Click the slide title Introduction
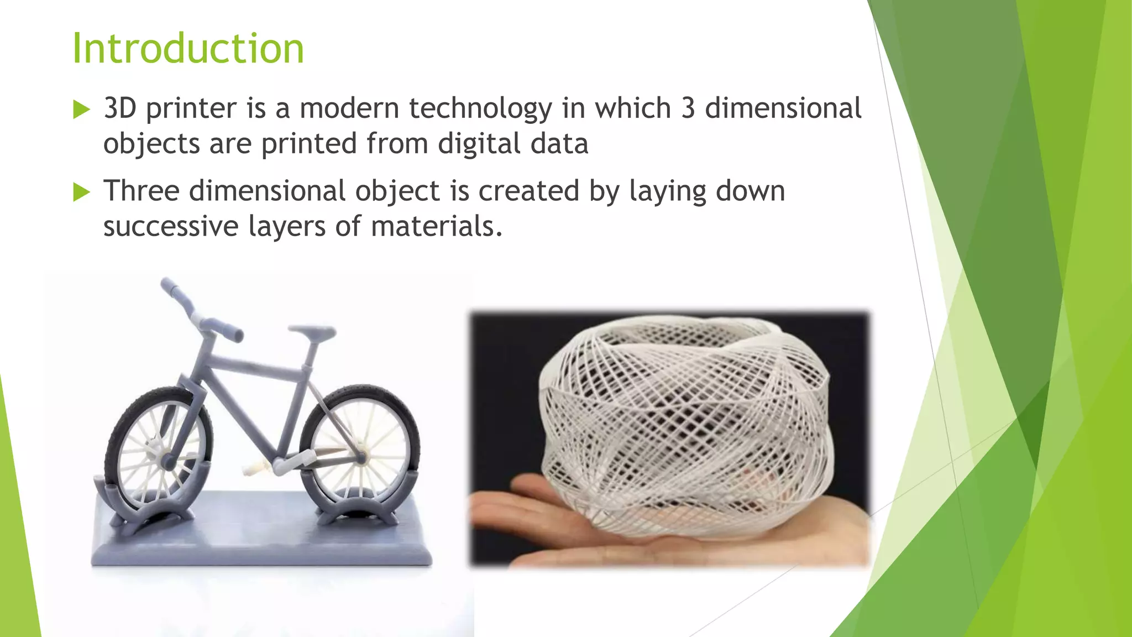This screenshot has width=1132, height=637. click(x=188, y=49)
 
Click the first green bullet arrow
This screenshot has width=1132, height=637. click(x=81, y=109)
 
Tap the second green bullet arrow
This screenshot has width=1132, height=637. click(x=81, y=192)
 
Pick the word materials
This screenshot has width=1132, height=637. click(x=436, y=227)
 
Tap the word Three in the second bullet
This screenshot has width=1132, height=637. click(x=141, y=191)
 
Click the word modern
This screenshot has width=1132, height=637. click(x=349, y=108)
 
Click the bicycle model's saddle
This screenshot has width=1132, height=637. click(x=313, y=332)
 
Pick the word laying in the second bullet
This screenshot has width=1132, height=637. click(x=668, y=191)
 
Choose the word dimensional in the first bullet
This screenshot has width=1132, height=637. click(x=783, y=108)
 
